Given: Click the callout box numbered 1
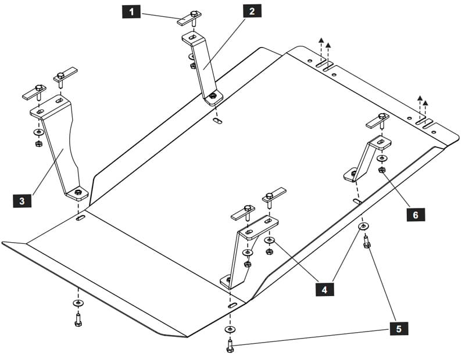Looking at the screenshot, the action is (131, 12).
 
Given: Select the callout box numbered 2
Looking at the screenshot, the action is (252, 11).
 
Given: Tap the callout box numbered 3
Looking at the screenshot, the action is (22, 201).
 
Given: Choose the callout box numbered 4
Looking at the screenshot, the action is (324, 289).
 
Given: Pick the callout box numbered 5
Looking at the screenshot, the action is (399, 328).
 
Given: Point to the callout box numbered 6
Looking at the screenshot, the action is (415, 214).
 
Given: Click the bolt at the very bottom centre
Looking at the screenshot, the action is (230, 346).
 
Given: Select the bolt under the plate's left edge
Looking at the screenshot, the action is (78, 320).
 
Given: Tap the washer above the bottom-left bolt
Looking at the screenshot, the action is (78, 303).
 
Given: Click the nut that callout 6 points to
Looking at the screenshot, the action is (382, 170).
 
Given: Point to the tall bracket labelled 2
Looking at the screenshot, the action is (202, 69).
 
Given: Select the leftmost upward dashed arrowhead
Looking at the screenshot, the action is (321, 40).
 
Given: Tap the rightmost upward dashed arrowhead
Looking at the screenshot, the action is (425, 103).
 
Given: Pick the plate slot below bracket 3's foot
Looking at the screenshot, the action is (80, 218).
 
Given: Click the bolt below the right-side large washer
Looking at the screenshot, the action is (367, 242).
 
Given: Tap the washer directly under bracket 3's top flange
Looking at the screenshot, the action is (38, 132).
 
